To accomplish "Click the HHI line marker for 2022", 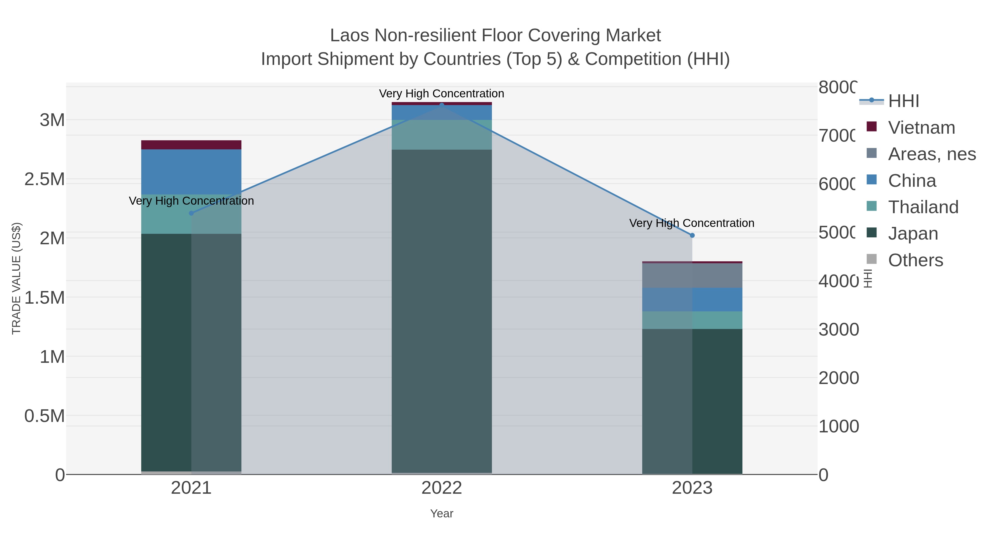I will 442,105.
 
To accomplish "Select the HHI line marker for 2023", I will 692,235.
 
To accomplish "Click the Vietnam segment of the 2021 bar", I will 191,145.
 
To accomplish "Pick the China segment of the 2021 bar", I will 191,172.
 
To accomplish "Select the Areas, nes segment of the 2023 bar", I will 692,276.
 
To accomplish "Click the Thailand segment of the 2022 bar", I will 442,135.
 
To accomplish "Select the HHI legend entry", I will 903,101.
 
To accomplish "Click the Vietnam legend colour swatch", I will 871,127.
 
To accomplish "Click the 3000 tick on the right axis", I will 838,330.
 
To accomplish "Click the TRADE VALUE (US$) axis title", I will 16,278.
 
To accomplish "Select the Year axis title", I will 442,514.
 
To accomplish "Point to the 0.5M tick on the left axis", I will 45,416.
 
